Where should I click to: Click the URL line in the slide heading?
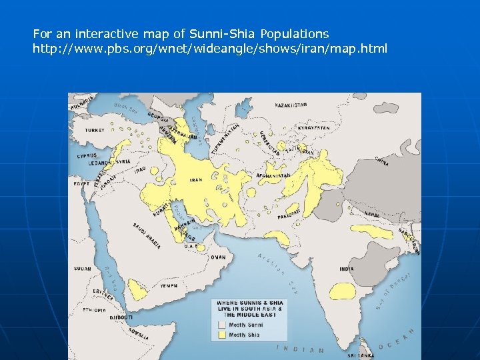(x=210, y=49)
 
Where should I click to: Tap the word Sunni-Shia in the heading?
(x=224, y=33)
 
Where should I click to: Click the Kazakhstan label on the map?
(x=291, y=105)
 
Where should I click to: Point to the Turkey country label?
(x=95, y=130)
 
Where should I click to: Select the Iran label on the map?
(x=197, y=180)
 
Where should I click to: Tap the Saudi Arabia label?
(x=147, y=235)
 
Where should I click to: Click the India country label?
(x=347, y=269)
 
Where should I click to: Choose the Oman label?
(x=218, y=257)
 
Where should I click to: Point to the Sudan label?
(x=83, y=269)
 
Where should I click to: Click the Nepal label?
(x=372, y=214)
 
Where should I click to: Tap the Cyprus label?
(x=87, y=155)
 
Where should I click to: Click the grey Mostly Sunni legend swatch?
(x=221, y=325)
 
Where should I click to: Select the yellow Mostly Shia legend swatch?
(x=221, y=335)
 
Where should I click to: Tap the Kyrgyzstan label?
(x=314, y=127)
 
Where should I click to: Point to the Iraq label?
(x=139, y=170)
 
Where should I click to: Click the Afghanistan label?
(x=274, y=176)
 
